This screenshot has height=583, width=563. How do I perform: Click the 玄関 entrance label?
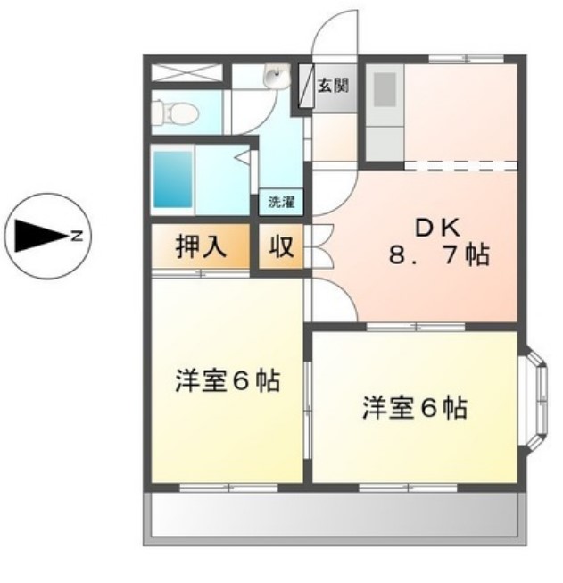point(334,86)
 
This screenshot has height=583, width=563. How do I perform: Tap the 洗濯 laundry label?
point(281,202)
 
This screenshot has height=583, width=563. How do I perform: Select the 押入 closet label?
point(199,247)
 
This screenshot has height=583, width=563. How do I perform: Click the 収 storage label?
point(281,247)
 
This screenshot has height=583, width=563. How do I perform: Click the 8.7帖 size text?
point(437,256)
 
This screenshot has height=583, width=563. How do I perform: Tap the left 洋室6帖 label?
point(226,382)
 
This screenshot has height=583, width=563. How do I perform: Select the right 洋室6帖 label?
point(413,409)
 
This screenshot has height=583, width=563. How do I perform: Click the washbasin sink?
point(275,79)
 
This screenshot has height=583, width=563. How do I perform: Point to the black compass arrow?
point(37,236)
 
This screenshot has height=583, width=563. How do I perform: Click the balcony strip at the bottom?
point(335,515)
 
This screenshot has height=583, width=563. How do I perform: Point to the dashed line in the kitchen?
point(460,165)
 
